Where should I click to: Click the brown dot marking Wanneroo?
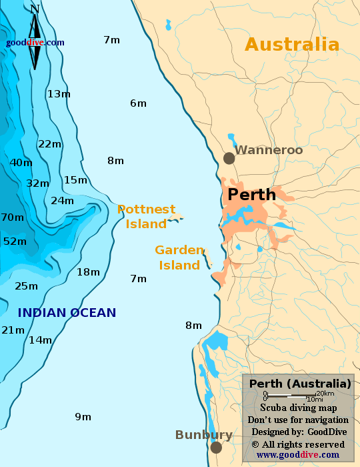coord(229,158)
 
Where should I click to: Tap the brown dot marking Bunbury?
coord(216,447)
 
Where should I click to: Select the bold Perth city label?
coord(251,195)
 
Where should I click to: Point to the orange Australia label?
coord(292,45)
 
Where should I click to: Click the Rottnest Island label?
coord(146,216)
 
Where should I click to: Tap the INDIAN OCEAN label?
coord(67,312)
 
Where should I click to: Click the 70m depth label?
coord(12,217)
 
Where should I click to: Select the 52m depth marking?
coord(15,242)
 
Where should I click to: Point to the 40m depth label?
coord(21,163)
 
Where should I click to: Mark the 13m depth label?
coord(59,94)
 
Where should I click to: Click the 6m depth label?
coord(138,103)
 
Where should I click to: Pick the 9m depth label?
coord(83,417)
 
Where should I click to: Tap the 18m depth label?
coord(88,272)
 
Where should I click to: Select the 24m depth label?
coord(62,201)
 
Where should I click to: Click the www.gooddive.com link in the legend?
coord(297,455)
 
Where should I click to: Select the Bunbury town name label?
coord(203,435)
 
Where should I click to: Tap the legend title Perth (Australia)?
coord(299,384)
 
